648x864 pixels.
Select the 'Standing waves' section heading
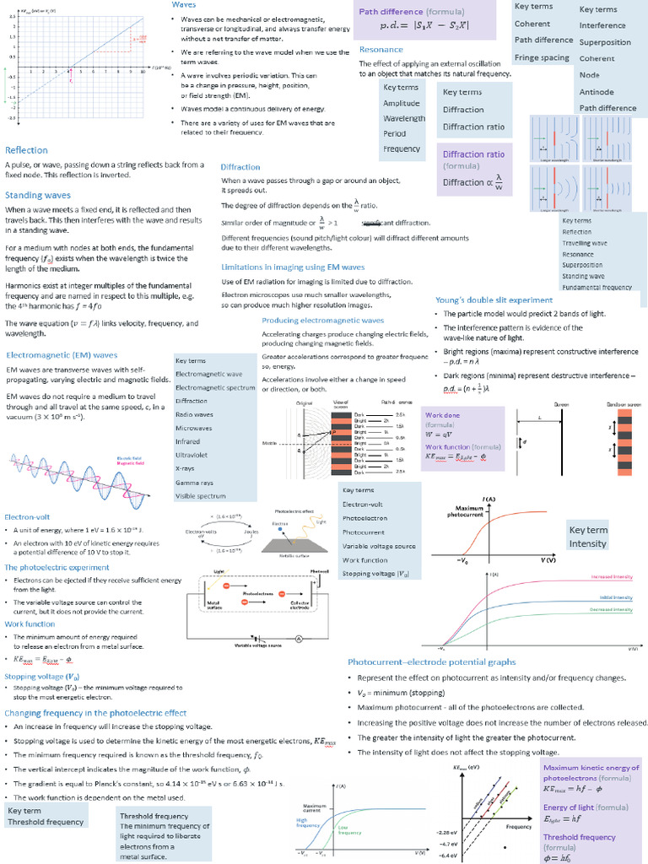click(x=38, y=195)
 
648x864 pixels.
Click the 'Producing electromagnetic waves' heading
click(x=322, y=321)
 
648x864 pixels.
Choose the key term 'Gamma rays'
click(x=194, y=482)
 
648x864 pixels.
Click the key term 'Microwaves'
click(x=194, y=428)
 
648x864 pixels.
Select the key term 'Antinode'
click(x=597, y=91)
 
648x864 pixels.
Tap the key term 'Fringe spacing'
click(x=542, y=57)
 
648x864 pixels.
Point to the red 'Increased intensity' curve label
click(x=612, y=577)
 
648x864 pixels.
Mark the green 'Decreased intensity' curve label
click(x=611, y=608)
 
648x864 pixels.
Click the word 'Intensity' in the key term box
click(x=588, y=543)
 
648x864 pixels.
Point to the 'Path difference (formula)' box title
click(x=402, y=12)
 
